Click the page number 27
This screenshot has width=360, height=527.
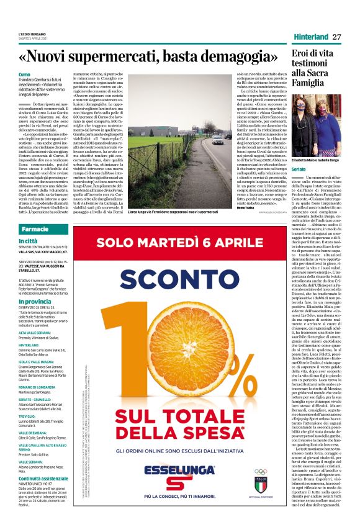click(x=336, y=37)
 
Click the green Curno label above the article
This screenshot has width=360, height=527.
click(x=25, y=74)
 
